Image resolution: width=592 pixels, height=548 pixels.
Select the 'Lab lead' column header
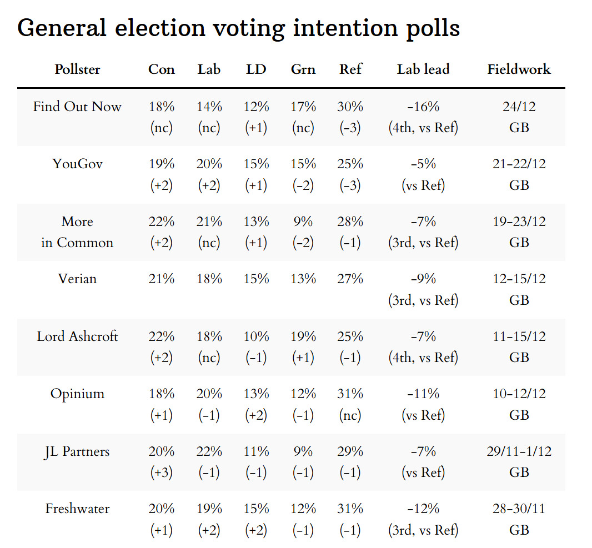[x=423, y=69]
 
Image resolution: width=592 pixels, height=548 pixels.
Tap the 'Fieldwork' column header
[x=519, y=69]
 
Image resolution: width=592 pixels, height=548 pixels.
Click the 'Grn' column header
[x=303, y=69]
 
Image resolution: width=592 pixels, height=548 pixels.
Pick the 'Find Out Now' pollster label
[x=77, y=107]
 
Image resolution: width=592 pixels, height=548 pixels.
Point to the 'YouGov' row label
[x=77, y=164]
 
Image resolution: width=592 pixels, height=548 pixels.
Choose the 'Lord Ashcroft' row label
[x=77, y=336]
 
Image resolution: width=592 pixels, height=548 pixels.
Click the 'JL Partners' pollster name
[x=77, y=451]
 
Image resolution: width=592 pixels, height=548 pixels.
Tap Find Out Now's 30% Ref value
[x=350, y=107]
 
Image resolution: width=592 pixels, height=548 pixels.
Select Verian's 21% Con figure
[x=162, y=279]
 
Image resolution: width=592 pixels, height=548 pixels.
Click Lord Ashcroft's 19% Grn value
[x=303, y=336]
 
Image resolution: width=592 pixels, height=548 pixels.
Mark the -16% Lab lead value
[x=423, y=107]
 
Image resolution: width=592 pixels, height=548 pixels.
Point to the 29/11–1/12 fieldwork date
[x=519, y=451]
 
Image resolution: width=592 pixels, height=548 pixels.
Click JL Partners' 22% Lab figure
[x=209, y=451]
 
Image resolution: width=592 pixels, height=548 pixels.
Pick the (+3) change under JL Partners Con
[x=162, y=472]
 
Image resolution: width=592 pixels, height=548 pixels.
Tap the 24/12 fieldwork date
[x=519, y=107]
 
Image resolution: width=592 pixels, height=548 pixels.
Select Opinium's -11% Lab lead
[x=423, y=394]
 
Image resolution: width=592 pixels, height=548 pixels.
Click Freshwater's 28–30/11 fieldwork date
[x=519, y=509]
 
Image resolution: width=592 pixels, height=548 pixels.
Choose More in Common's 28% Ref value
[x=350, y=222]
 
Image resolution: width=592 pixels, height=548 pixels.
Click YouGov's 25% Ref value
[x=350, y=164]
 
